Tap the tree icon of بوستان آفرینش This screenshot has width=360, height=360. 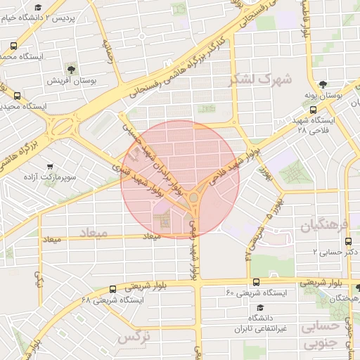(x=71, y=69)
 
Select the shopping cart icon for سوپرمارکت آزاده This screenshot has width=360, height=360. (x=49, y=167)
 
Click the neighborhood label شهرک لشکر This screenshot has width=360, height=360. (x=259, y=79)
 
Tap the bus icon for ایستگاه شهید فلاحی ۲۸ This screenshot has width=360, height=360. (x=314, y=110)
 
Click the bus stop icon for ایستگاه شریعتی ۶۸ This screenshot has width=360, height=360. (x=112, y=289)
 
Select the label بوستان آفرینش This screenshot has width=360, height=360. (x=71, y=81)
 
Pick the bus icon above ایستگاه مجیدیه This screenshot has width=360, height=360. (x=17, y=96)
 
